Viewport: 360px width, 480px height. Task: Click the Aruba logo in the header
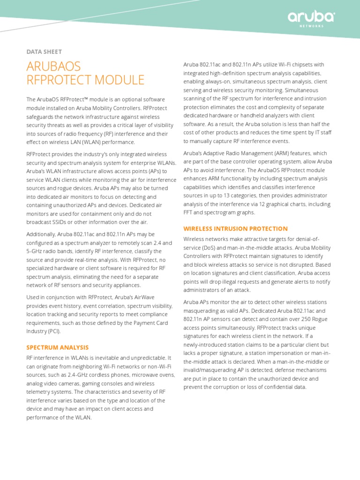pos(311,18)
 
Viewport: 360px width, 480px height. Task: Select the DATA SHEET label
pos(44,52)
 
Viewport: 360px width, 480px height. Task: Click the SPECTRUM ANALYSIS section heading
pos(57,347)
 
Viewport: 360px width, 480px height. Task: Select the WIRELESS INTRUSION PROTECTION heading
pos(235,229)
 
